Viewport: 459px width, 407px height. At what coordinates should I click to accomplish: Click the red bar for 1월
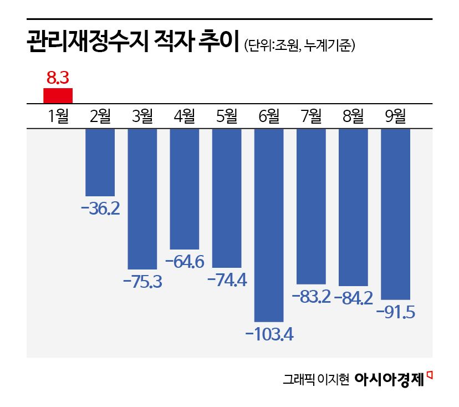pos(58,95)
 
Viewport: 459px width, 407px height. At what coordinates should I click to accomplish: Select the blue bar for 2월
pos(100,162)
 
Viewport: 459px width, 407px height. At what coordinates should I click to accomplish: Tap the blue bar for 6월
pos(269,225)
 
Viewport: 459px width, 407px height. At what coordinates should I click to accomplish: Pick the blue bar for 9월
pos(395,213)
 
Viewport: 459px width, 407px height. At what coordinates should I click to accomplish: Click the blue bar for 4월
pos(185,189)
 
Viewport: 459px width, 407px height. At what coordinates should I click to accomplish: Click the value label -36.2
pos(100,210)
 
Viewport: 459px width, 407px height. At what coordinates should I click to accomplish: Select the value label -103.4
pos(269,334)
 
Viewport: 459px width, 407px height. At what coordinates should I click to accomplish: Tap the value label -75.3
pos(142,282)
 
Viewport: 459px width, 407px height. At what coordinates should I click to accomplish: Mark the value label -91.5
pos(395,312)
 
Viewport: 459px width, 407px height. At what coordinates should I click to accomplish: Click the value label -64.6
pos(185,262)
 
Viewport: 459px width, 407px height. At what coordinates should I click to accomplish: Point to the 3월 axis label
pos(142,116)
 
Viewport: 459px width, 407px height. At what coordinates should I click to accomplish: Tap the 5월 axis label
pos(227,116)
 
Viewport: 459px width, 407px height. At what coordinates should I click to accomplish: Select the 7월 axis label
pos(311,116)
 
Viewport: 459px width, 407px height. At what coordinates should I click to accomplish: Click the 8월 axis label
pos(353,116)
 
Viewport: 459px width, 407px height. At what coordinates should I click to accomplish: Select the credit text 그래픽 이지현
pos(315,380)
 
